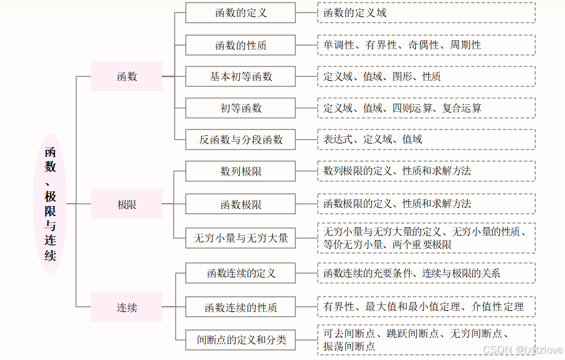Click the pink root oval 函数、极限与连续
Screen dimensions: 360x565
[50, 204]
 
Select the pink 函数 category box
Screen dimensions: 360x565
[126, 76]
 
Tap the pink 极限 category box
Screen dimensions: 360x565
[126, 204]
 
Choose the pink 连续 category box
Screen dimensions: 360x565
[126, 307]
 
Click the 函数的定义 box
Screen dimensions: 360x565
[240, 13]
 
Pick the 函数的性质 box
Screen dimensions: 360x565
[240, 45]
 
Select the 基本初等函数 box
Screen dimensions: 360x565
[240, 77]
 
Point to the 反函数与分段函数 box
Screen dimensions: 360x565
[240, 139]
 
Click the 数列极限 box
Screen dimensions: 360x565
[240, 171]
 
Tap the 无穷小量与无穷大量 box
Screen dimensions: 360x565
[240, 238]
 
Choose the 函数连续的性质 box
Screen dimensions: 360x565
[240, 307]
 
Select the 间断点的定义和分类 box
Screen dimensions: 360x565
[240, 339]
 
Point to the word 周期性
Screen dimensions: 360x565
[466, 44]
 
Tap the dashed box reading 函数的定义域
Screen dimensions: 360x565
[426, 12]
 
